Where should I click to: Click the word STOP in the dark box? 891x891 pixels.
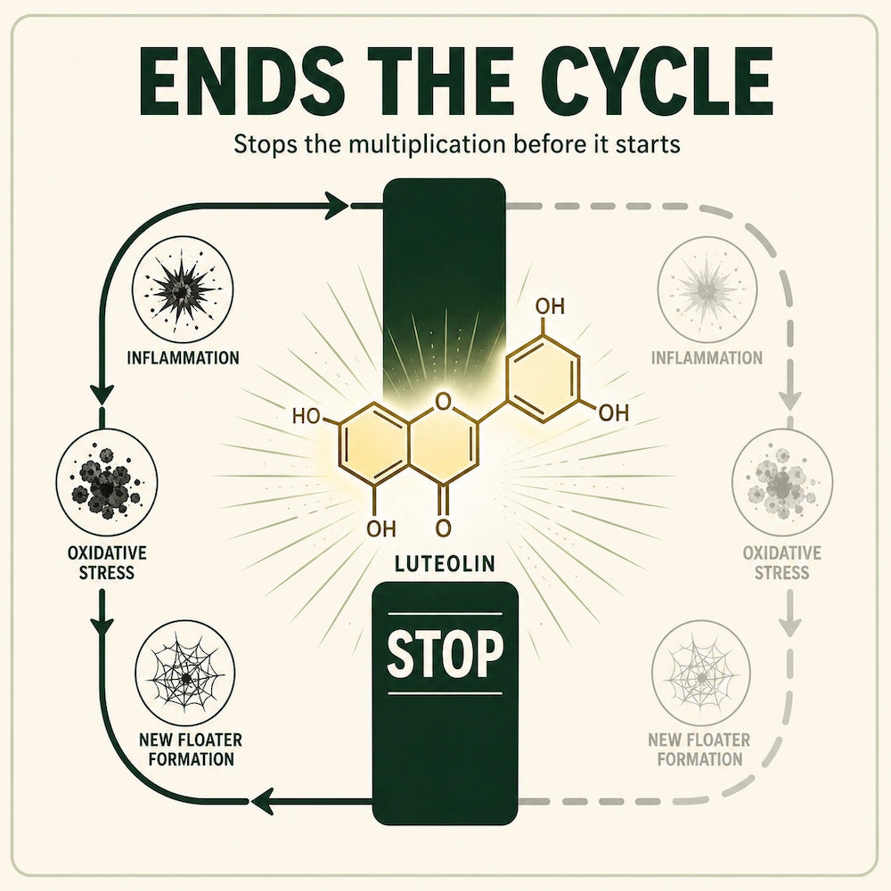(445, 653)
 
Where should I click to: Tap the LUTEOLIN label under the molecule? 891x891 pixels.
(445, 564)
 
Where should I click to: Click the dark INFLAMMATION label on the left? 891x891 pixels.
(183, 358)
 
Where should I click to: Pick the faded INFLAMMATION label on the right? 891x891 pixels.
(707, 358)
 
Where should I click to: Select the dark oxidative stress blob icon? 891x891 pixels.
(107, 482)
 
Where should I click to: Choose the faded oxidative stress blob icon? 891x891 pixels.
(782, 482)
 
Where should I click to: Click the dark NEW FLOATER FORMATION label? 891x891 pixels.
(191, 749)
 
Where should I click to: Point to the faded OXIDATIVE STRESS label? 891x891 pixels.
(782, 562)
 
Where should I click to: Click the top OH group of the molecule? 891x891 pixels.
(550, 307)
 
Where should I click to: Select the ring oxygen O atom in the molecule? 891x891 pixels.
(442, 403)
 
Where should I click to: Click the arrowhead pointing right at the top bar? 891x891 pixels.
(337, 205)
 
